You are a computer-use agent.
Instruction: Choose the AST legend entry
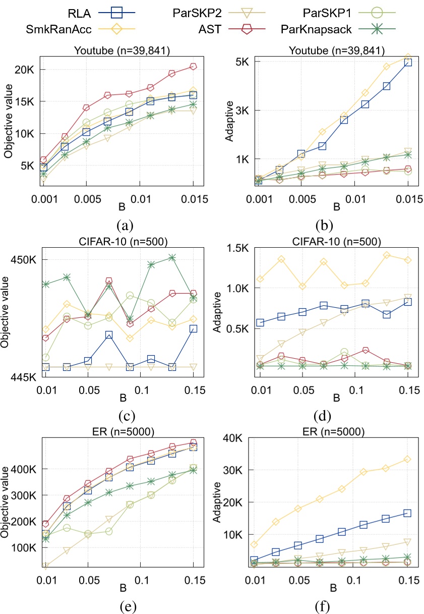[227, 29]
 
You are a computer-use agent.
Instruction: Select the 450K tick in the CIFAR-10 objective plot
[25, 259]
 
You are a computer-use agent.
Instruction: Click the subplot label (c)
[125, 416]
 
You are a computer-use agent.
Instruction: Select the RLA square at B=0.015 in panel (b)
[408, 62]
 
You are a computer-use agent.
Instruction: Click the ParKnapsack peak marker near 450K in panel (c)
[172, 257]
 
